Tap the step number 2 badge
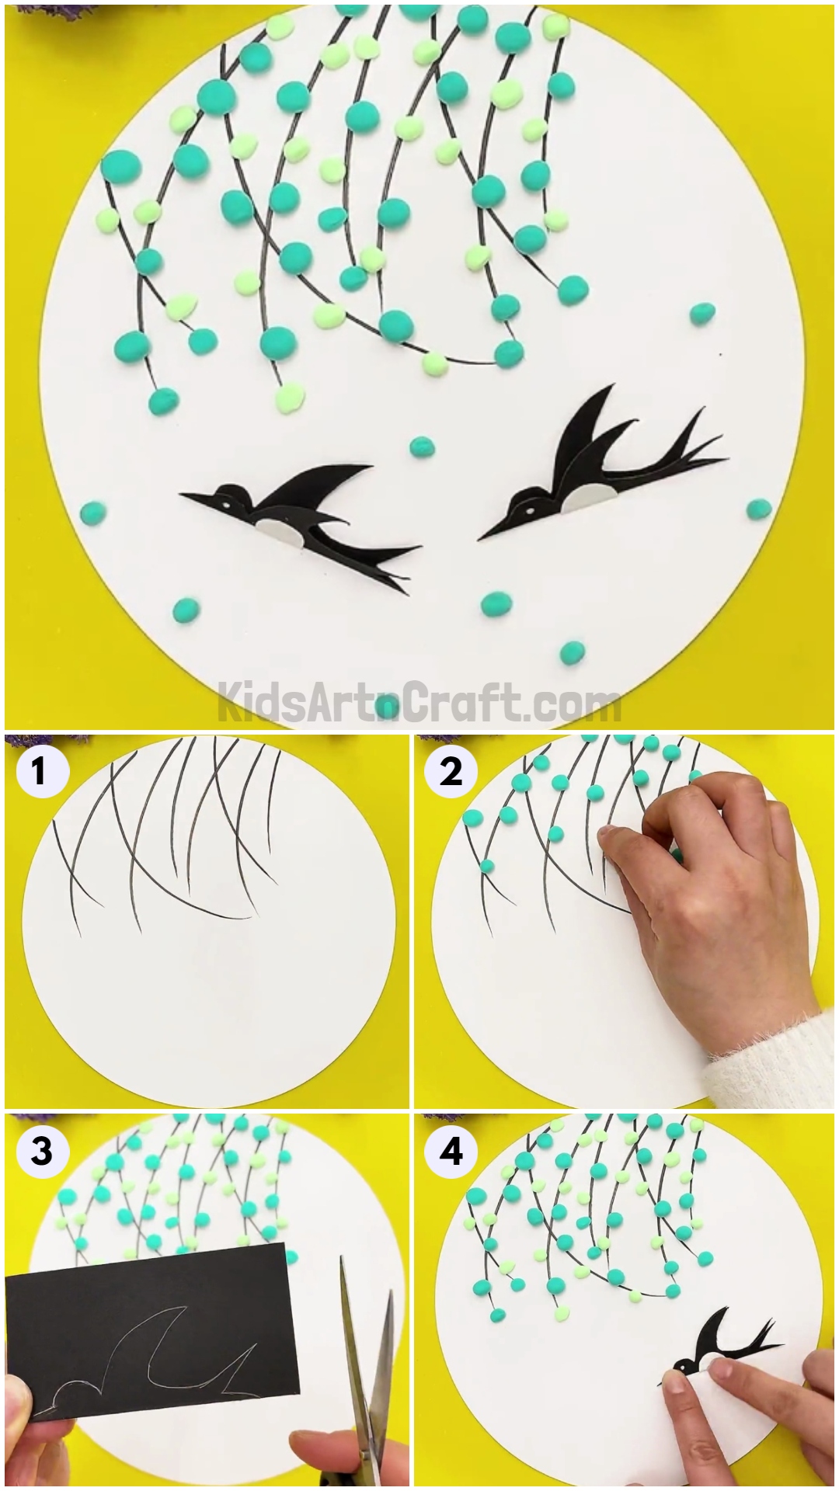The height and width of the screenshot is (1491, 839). click(451, 772)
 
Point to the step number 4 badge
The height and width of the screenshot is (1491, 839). click(451, 1151)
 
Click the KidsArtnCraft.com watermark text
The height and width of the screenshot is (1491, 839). click(419, 704)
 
